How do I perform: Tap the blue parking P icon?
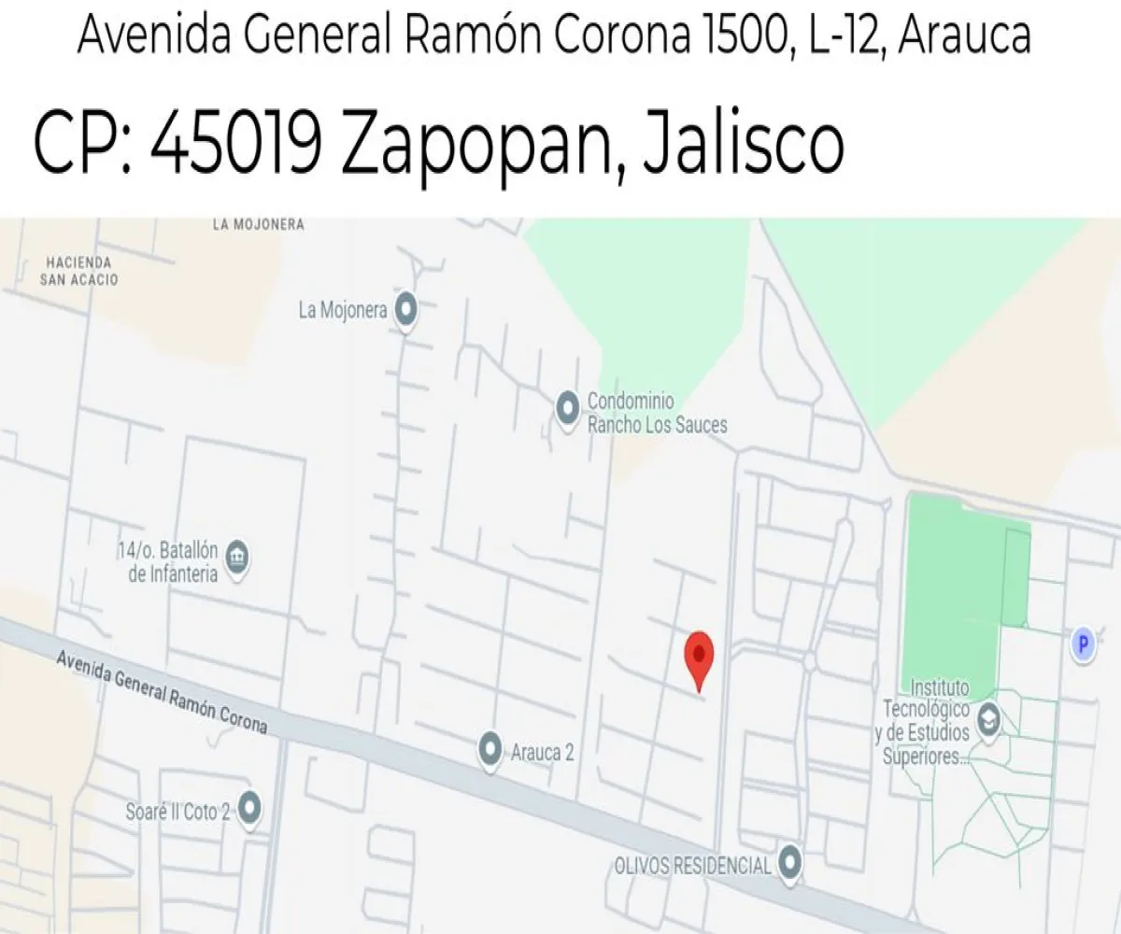[1083, 644]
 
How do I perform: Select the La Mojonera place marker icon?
[405, 310]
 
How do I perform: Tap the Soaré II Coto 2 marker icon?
[249, 809]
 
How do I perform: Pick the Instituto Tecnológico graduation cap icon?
[987, 720]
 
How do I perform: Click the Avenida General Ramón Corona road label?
[163, 691]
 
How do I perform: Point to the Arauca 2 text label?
[542, 752]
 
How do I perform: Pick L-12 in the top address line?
[847, 35]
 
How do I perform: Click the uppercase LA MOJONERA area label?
[258, 224]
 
